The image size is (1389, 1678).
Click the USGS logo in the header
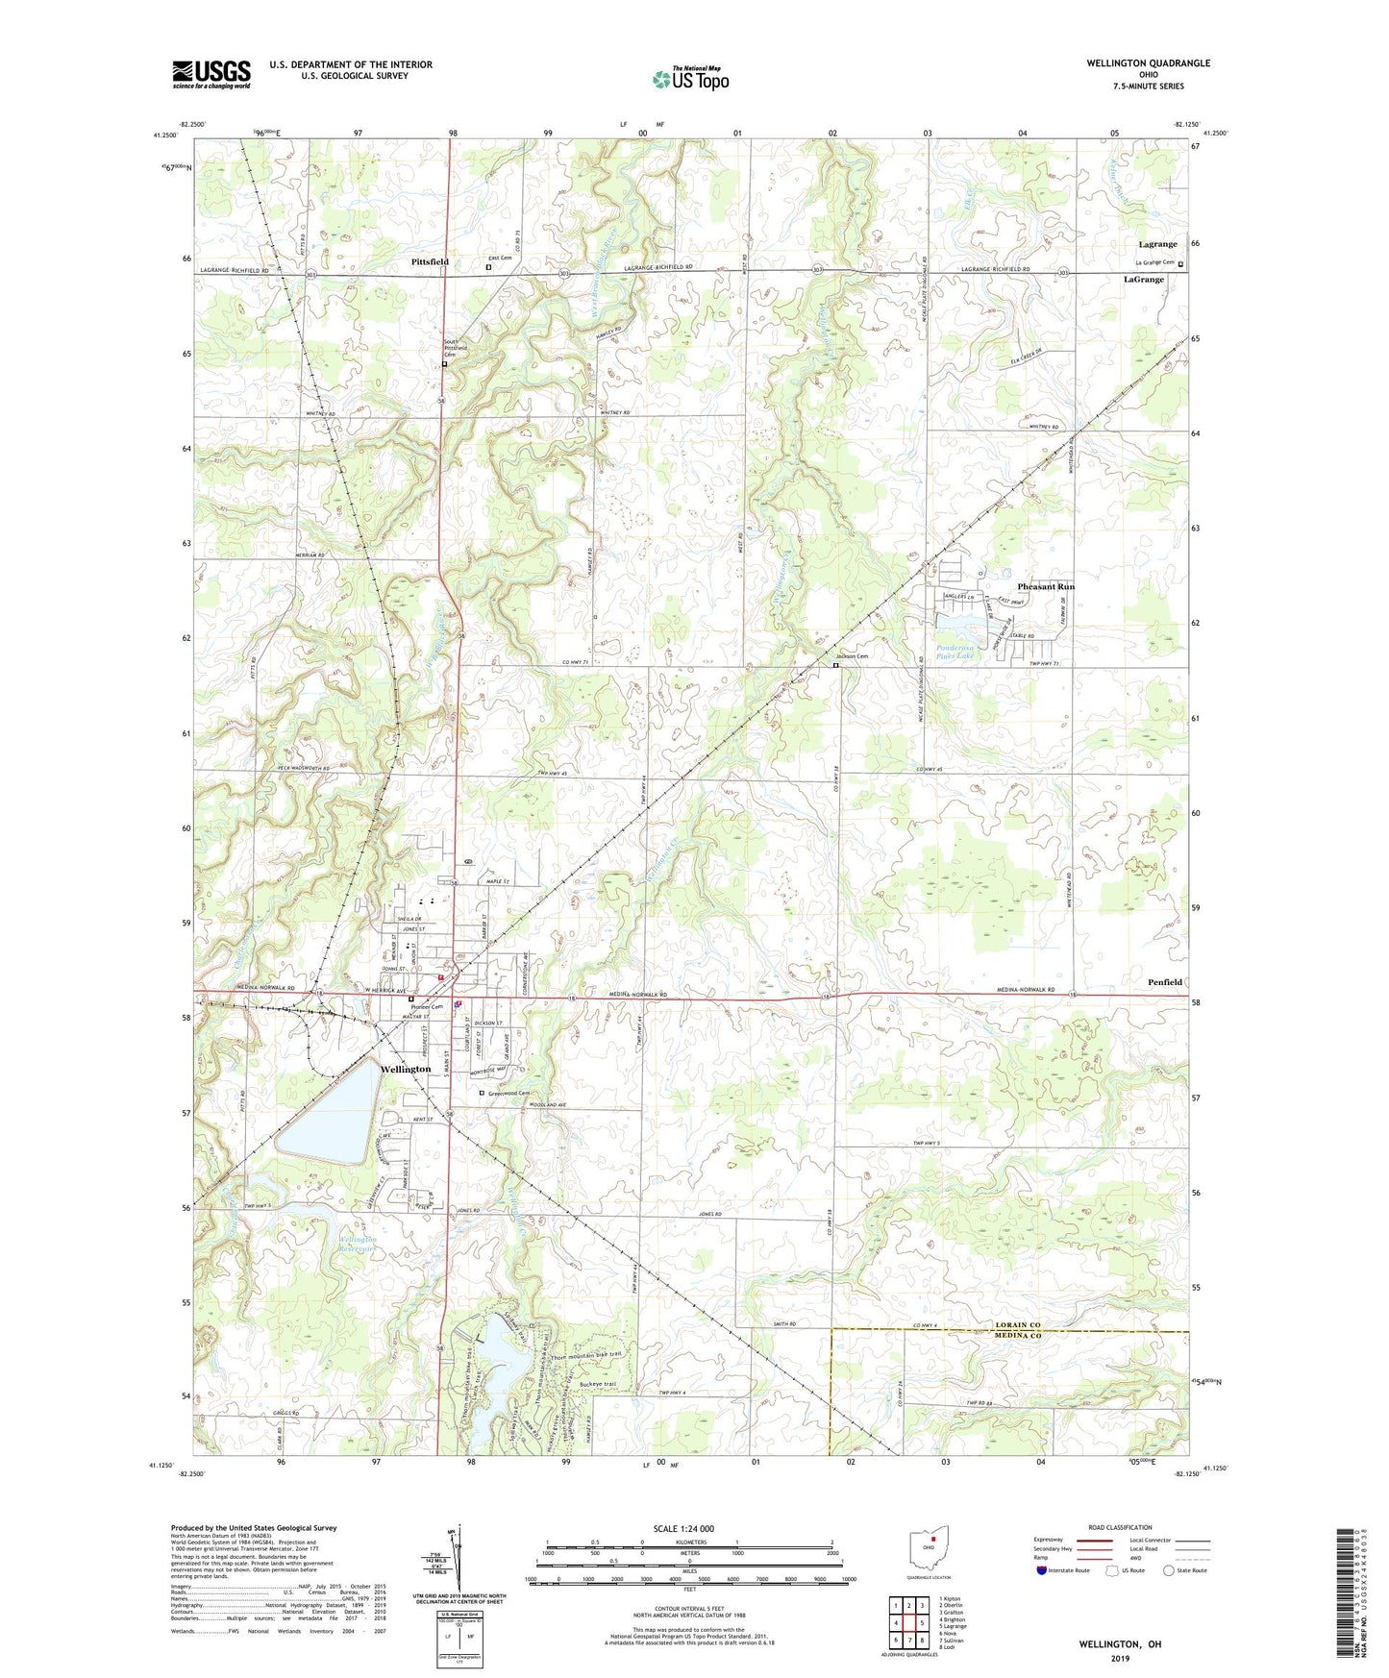(x=211, y=74)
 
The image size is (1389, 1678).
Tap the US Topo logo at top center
(x=690, y=78)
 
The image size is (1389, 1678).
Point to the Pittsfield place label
(x=430, y=261)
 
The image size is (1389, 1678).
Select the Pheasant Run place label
(x=1046, y=586)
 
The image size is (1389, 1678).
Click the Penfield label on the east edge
(x=1164, y=982)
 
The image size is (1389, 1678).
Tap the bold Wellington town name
(x=406, y=1069)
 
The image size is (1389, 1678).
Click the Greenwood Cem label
(x=508, y=1093)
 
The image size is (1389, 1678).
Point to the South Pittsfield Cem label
(x=455, y=348)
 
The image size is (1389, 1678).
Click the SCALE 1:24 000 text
(x=683, y=1528)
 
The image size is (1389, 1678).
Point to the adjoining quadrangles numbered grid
(x=908, y=1623)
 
